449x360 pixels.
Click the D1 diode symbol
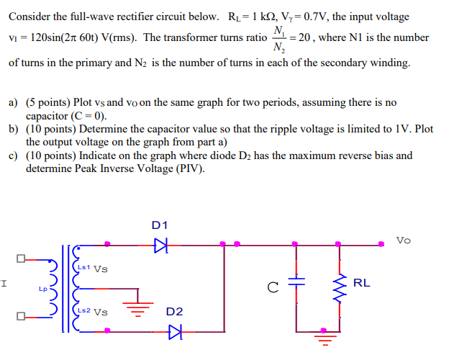point(160,245)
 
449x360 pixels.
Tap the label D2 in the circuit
point(174,312)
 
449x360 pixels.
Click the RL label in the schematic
point(362,283)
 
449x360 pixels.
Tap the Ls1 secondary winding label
point(83,268)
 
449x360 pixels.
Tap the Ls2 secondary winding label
point(83,312)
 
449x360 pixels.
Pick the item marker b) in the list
point(14,129)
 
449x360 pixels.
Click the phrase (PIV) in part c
point(189,169)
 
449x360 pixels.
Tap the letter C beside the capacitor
point(272,289)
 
